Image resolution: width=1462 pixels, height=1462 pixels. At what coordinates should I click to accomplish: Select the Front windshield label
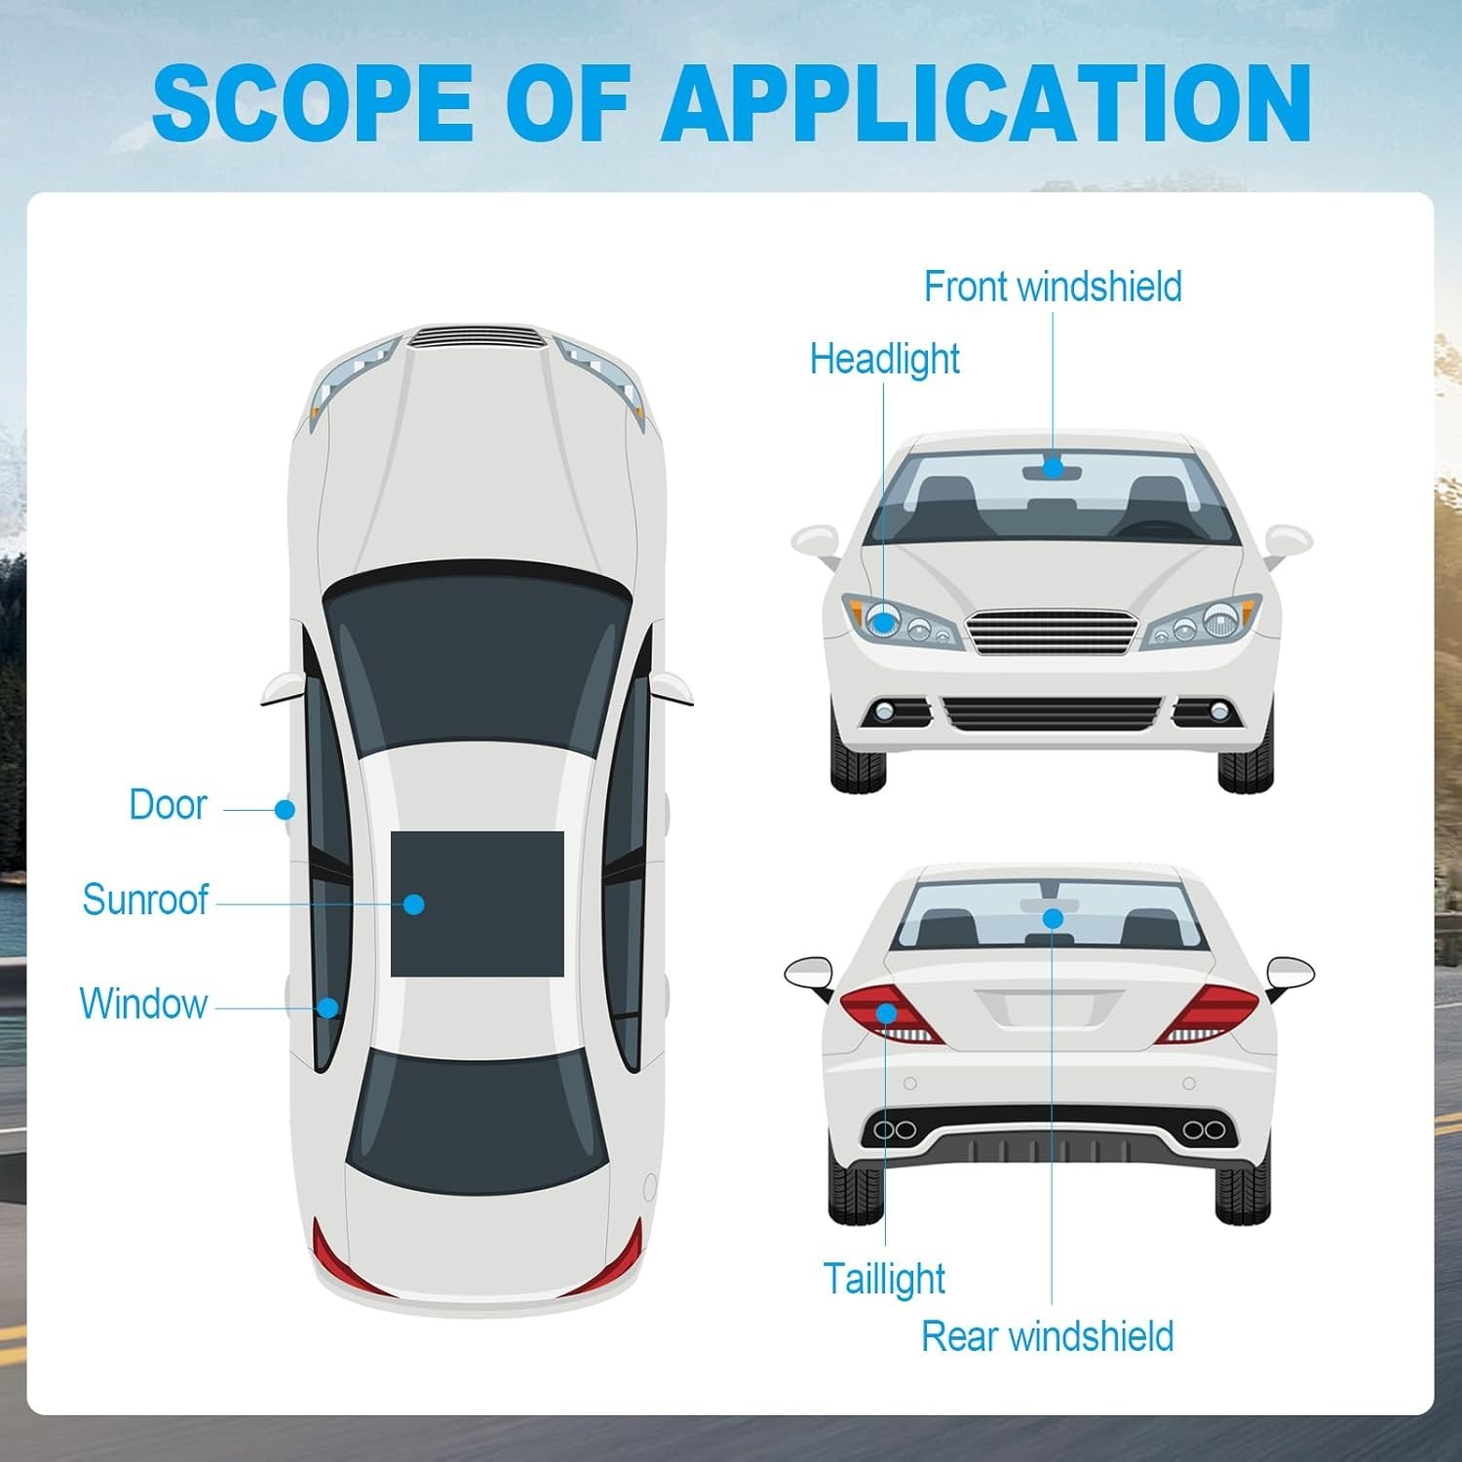(1053, 288)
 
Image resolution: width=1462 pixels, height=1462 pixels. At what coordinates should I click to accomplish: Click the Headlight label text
(884, 360)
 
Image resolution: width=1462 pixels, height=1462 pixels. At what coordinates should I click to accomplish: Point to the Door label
(168, 805)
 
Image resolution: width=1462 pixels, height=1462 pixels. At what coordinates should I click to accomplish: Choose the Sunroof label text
(145, 900)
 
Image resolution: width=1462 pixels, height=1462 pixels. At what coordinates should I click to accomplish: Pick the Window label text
(143, 1004)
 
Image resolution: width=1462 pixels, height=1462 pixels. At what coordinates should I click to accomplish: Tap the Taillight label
(884, 1279)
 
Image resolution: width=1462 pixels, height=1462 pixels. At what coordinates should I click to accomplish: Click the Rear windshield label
(1047, 1337)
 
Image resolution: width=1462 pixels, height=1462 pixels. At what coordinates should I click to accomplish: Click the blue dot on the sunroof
(413, 904)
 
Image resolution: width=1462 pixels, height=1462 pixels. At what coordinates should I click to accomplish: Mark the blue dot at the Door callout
(285, 809)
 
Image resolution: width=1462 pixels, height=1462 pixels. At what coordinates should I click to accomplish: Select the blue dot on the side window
(329, 1007)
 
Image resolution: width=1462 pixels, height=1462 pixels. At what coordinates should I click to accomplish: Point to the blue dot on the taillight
(886, 1014)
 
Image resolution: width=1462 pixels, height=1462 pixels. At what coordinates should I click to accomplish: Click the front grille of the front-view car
(1053, 632)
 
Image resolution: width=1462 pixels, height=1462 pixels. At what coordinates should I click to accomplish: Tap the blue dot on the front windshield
(1053, 468)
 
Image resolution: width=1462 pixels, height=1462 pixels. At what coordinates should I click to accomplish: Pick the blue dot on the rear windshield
(1053, 918)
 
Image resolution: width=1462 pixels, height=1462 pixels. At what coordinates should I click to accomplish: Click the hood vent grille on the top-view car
(478, 338)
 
